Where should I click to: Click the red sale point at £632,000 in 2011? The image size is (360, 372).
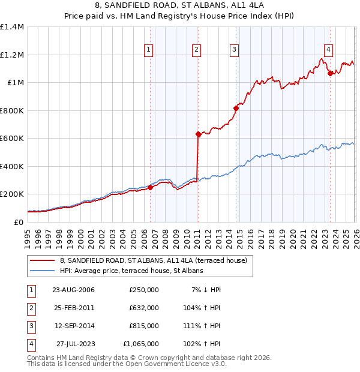coord(197,134)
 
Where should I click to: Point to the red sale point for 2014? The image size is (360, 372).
coord(236,109)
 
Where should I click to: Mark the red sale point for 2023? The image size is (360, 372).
coord(330,74)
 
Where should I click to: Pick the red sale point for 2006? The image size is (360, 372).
coord(151,187)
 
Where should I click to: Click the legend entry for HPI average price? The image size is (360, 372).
coord(131,271)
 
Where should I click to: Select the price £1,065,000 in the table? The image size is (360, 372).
coord(141,344)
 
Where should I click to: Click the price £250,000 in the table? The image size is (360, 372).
coord(144,289)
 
